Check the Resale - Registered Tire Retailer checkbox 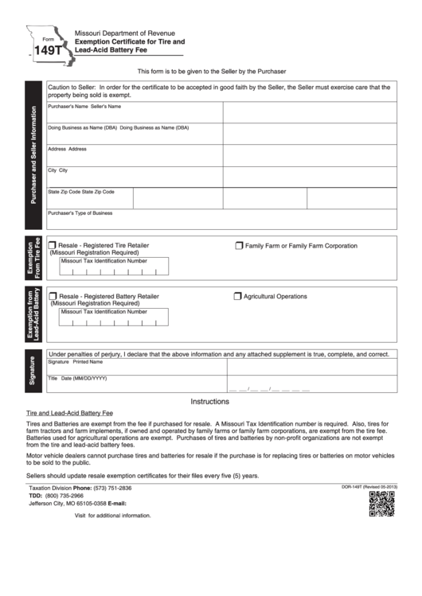click(53, 245)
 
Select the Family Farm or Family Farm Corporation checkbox click(239, 246)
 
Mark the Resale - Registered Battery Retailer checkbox click(53, 296)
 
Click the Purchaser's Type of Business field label click(80, 213)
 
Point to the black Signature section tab click(33, 372)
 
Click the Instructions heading click(210, 402)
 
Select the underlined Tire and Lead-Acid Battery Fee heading click(71, 414)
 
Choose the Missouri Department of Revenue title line click(125, 33)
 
